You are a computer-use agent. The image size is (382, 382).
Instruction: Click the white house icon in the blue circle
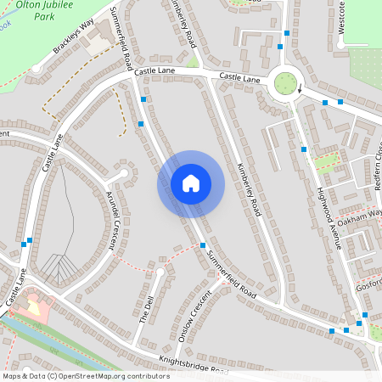click(x=190, y=183)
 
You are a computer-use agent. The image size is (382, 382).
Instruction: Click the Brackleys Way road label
click(x=73, y=38)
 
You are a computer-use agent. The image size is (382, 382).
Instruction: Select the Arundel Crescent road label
click(x=110, y=219)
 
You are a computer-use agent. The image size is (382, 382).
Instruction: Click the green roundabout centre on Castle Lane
click(x=286, y=83)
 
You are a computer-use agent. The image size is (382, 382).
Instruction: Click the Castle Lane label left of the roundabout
click(x=239, y=77)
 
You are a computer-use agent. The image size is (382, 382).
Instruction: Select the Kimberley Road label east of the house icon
click(x=246, y=188)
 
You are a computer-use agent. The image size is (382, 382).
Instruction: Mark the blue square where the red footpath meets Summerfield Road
click(x=203, y=245)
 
